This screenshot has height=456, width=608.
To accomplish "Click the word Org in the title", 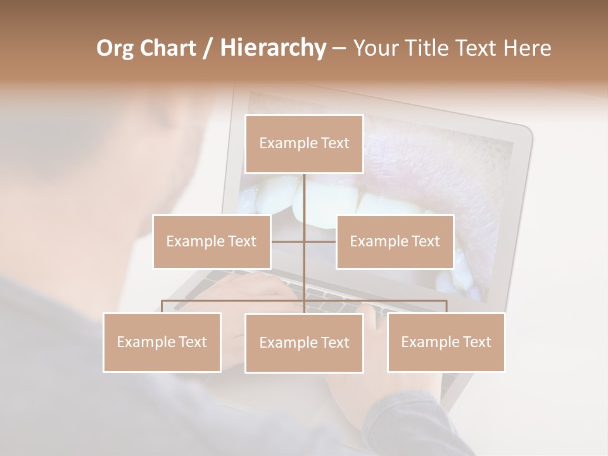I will pos(115,48).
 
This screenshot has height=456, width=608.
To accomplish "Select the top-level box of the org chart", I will pos(304,144).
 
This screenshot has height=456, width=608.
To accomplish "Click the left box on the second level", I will pos(212,242).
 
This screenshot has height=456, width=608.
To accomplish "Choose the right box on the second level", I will pos(395,242).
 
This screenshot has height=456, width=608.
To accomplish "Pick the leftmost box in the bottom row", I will pos(162,343).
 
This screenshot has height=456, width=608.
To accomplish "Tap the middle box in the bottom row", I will pos(304,343).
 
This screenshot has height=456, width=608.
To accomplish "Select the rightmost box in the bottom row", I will pos(446,343).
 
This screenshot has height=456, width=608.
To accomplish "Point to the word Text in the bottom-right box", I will pos(477,342).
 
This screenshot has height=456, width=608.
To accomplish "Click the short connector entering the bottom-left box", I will pos(162,307).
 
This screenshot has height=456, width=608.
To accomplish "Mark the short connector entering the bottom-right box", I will pos(446,307).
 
